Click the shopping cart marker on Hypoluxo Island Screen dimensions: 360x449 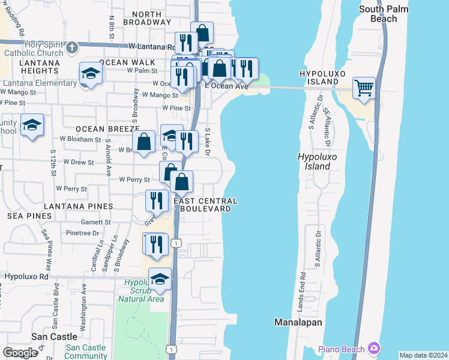[364, 88]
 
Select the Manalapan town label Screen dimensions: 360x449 [298, 322]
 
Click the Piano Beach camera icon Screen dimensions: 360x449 [375, 348]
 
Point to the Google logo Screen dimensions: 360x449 [20, 352]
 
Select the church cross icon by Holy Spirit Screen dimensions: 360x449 [71, 47]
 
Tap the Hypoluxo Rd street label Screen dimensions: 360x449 [26, 277]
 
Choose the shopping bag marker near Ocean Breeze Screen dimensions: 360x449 [144, 143]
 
